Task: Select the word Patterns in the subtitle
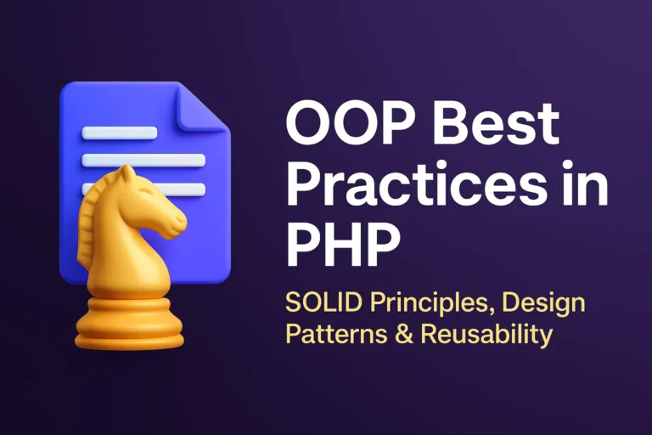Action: [327, 334]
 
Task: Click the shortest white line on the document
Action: [119, 133]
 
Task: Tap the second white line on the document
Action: [143, 160]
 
